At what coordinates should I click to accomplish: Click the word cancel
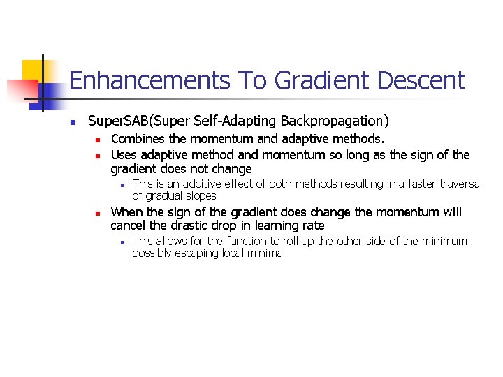point(129,226)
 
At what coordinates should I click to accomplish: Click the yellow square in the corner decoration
point(34,71)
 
